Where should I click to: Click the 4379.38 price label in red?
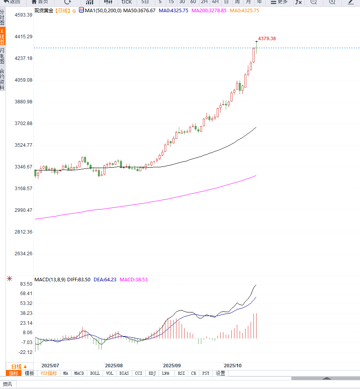[267, 39]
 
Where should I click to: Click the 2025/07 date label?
[50, 366]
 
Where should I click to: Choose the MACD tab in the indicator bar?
[79, 373]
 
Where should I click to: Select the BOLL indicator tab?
[95, 373]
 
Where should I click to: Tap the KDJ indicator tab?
[152, 373]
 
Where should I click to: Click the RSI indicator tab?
[181, 373]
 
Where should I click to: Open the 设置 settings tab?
[220, 373]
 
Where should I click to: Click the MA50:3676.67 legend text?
[139, 11]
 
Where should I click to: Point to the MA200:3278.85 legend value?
[209, 11]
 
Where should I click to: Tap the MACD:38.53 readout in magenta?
[133, 280]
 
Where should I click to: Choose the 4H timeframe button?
[215, 2]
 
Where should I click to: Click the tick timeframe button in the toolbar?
[126, 2]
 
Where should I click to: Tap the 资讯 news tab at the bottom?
[7, 384]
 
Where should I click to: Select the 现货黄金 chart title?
[44, 11]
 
